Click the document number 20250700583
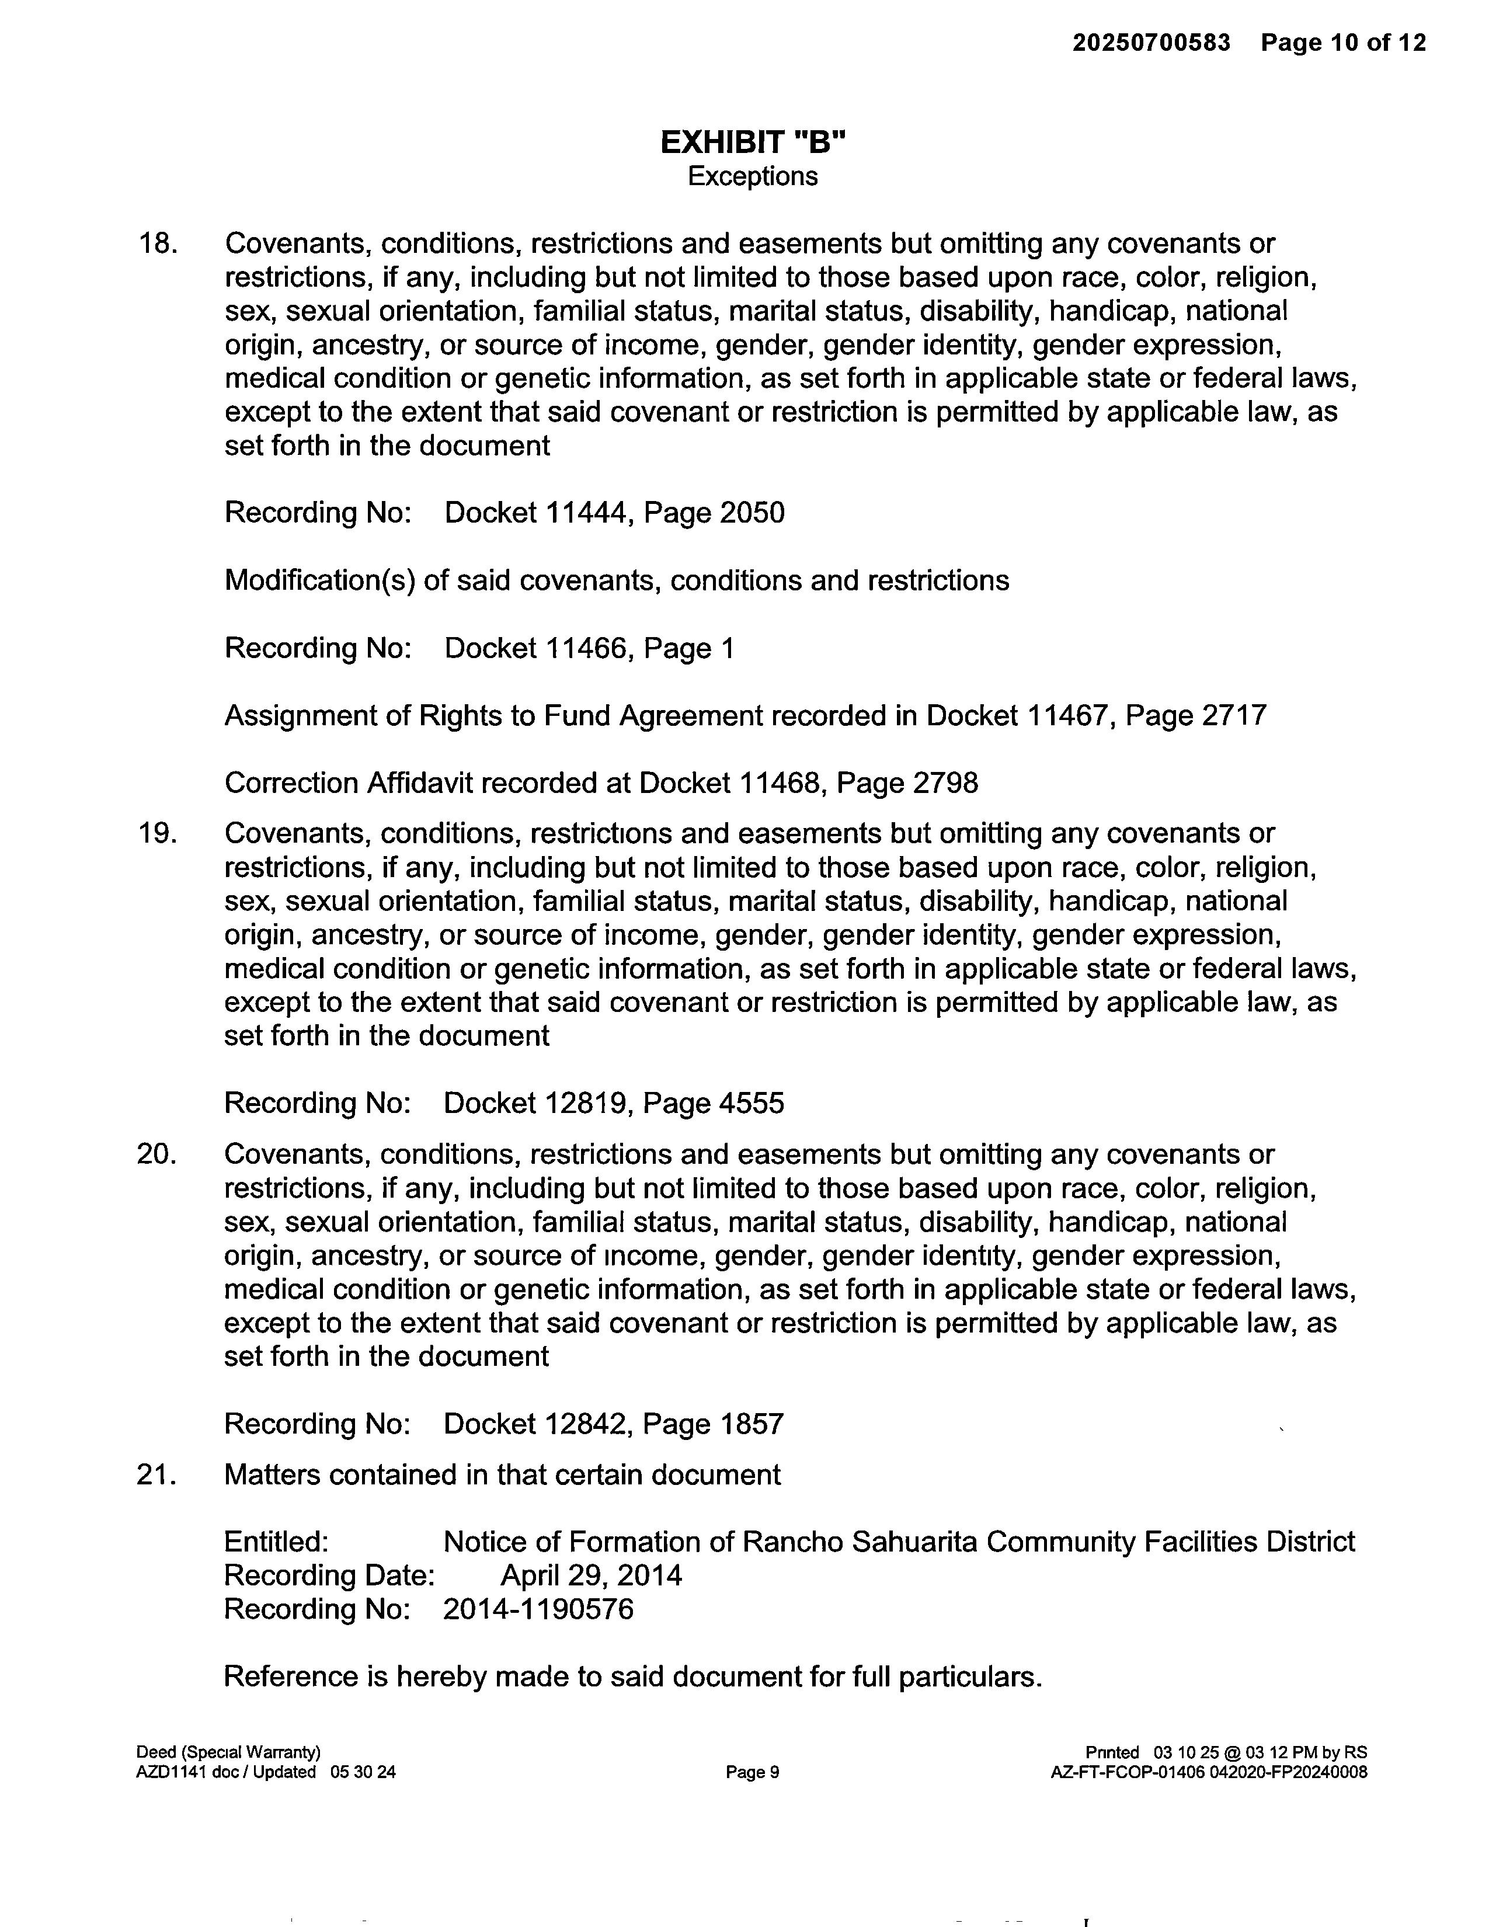pos(1151,43)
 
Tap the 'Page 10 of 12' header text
pos(1342,43)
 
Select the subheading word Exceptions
pos(753,176)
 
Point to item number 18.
pos(157,244)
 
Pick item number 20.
pos(157,1154)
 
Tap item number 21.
pos(157,1474)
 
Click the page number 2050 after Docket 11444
pos(752,513)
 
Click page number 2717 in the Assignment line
pos(1233,715)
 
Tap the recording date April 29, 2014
pos(591,1576)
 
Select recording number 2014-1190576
pos(538,1609)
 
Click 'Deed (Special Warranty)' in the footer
pos(228,1752)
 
